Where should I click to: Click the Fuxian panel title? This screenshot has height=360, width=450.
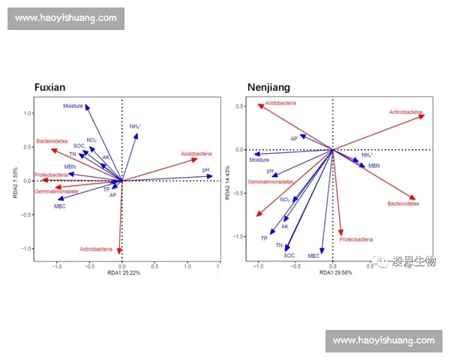(x=55, y=88)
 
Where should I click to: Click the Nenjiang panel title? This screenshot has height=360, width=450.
(x=268, y=88)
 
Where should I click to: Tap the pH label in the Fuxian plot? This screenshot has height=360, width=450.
(x=205, y=170)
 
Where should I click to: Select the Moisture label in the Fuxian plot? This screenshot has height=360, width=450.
(x=73, y=106)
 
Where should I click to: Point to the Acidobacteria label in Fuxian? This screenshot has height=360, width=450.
(x=196, y=154)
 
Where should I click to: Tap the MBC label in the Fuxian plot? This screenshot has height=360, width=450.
(x=59, y=205)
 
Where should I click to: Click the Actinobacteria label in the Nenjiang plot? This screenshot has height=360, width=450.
(x=406, y=112)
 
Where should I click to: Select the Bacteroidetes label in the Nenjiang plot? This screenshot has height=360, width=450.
(x=403, y=203)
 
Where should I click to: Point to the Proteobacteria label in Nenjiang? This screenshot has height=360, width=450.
(x=355, y=240)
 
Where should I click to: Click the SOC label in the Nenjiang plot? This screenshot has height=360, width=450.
(x=289, y=256)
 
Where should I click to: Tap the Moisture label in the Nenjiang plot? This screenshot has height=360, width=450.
(x=259, y=160)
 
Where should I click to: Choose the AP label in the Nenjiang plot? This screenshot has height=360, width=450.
(x=294, y=139)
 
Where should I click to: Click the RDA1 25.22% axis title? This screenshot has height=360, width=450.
(x=124, y=271)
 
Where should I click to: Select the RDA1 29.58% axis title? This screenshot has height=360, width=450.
(x=335, y=272)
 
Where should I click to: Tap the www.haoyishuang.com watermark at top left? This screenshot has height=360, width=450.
(x=66, y=18)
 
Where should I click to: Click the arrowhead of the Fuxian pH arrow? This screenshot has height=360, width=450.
(x=211, y=177)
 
